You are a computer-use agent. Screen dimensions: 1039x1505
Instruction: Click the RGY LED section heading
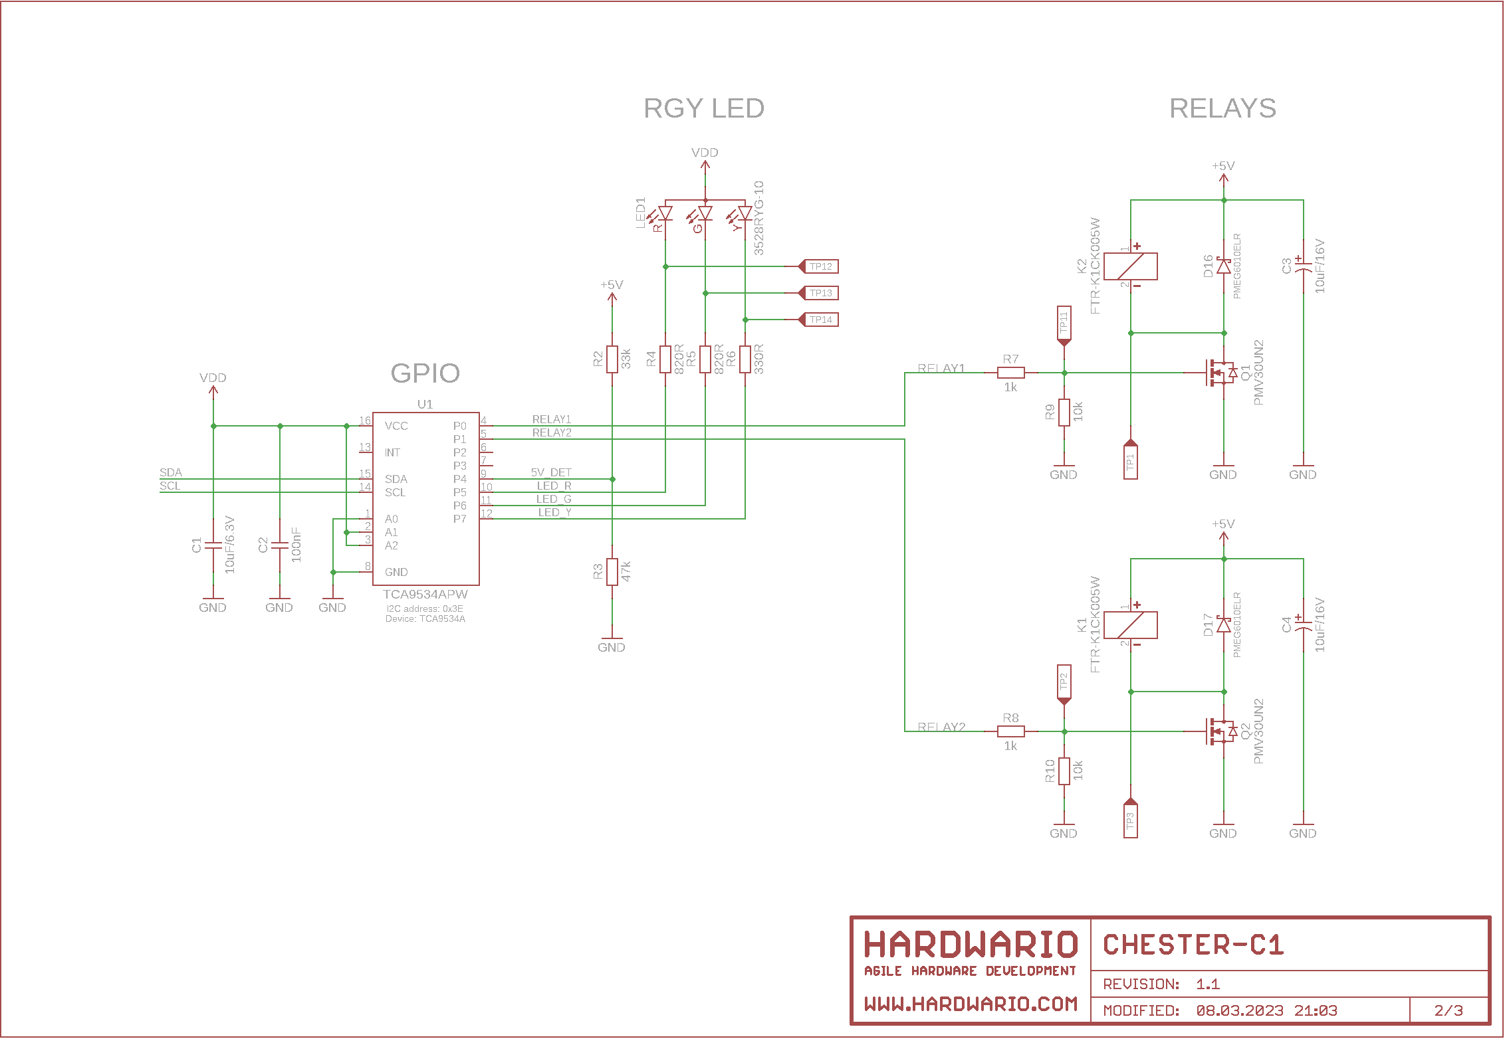[704, 108]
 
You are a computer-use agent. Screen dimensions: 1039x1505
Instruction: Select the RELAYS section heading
[1222, 108]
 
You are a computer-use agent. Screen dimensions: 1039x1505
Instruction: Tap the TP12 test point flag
[820, 266]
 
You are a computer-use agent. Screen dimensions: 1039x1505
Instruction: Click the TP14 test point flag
[820, 320]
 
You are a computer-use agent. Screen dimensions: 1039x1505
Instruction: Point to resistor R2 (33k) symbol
[612, 359]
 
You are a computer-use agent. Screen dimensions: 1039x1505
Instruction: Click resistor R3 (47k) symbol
[612, 571]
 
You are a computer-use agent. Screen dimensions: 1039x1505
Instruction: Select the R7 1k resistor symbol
[1010, 373]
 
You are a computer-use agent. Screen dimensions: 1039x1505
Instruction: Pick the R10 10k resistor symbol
[1064, 771]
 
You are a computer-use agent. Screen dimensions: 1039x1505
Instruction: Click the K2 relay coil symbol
[1130, 266]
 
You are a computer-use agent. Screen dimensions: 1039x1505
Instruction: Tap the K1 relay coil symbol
[1130, 625]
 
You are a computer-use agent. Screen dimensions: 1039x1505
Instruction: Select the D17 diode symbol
[1224, 624]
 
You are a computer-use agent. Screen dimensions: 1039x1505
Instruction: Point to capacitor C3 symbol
[1303, 266]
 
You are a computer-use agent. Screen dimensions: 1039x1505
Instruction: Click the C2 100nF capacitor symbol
[280, 545]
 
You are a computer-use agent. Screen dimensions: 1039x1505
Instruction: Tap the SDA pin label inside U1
[396, 479]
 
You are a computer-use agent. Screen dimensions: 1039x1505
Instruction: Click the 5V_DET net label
[551, 472]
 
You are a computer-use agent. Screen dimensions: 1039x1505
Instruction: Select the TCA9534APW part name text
[425, 595]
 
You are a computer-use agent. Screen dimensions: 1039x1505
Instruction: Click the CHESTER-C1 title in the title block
[1193, 945]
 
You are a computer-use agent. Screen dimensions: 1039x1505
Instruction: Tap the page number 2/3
[1448, 1010]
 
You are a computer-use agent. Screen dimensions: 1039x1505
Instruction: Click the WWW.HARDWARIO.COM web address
[971, 1004]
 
